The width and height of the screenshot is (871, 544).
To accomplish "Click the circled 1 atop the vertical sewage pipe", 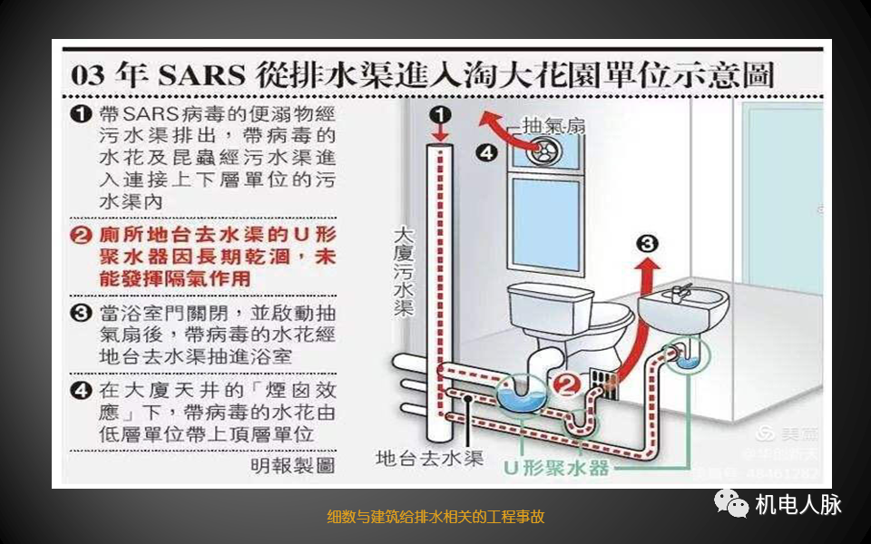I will tap(440, 115).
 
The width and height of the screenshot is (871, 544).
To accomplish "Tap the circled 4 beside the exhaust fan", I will tap(487, 153).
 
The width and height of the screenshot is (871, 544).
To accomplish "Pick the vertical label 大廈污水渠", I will tap(404, 272).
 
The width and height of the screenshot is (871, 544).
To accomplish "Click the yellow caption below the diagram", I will tap(435, 517).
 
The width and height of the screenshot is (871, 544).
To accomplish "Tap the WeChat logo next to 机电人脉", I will tap(732, 502).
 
